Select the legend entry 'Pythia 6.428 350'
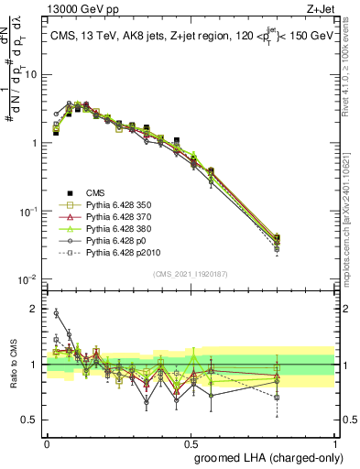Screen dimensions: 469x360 click(x=120, y=205)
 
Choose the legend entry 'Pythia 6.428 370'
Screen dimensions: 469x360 click(x=120, y=217)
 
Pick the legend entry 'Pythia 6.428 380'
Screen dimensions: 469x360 click(x=120, y=229)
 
